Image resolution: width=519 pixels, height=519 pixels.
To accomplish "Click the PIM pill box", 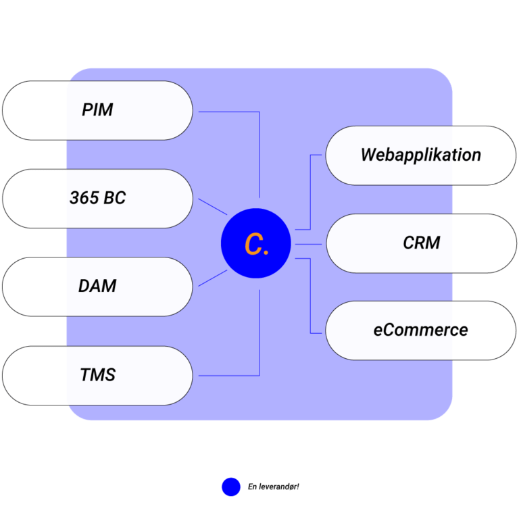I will [x=97, y=110].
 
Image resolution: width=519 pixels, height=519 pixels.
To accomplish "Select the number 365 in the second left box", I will [x=84, y=199].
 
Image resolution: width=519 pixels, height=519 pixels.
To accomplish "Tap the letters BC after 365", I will [x=115, y=199].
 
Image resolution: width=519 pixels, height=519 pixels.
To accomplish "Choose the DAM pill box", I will [x=97, y=287].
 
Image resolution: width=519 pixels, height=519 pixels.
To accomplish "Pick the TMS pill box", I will [x=97, y=375].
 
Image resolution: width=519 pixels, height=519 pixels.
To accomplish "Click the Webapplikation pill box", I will [x=420, y=155].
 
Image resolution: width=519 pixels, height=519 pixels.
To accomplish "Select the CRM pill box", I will [x=421, y=243].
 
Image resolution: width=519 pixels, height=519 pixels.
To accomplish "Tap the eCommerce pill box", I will [x=420, y=330].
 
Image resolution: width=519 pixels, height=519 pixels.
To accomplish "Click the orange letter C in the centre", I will [x=253, y=245].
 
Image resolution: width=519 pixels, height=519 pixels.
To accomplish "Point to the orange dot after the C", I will [x=266, y=253].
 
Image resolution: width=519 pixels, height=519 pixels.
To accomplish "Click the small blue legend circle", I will [x=231, y=487].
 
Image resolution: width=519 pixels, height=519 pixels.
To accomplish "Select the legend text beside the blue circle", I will [x=273, y=487].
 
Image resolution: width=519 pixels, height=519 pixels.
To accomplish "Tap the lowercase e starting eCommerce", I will [x=378, y=331].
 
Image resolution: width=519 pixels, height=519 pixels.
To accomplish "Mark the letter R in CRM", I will [x=420, y=243].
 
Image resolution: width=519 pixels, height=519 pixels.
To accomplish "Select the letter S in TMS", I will [x=110, y=375].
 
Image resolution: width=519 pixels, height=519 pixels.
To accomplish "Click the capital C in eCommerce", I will [x=390, y=330].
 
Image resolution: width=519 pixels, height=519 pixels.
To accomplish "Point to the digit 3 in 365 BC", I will [x=74, y=199].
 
